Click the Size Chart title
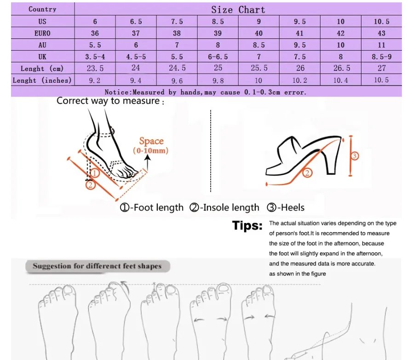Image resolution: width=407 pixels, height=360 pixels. (x=238, y=10)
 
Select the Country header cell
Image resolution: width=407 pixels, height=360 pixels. (x=42, y=9)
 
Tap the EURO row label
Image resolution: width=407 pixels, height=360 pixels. (x=42, y=33)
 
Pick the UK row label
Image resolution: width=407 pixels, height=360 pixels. (x=42, y=57)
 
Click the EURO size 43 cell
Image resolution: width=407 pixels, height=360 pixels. (x=382, y=33)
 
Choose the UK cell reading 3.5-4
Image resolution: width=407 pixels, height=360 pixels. (x=95, y=57)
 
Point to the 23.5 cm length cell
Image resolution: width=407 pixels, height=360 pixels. (x=95, y=68)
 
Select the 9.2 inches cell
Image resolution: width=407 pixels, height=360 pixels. (x=95, y=80)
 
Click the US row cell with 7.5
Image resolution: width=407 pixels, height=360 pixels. (x=177, y=22)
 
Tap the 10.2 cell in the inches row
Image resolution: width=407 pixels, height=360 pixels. (x=300, y=80)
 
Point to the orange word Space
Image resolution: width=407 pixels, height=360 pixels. (x=151, y=142)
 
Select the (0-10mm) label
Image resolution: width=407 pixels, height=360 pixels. (x=151, y=151)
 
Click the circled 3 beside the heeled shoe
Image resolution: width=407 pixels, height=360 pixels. (x=354, y=156)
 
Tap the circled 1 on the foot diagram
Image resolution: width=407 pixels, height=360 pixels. (x=94, y=173)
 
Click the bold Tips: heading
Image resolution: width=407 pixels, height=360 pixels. (x=247, y=226)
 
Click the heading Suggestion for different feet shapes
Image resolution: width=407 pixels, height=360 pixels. (x=97, y=266)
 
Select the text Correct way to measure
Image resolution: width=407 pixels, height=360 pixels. (x=108, y=101)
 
